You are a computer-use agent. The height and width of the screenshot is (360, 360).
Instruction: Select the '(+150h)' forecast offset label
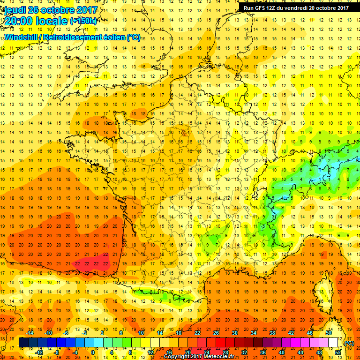coord(83,21)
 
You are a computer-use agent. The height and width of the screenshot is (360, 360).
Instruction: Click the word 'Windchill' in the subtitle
coord(22,37)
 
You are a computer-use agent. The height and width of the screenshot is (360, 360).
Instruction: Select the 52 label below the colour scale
coord(337,352)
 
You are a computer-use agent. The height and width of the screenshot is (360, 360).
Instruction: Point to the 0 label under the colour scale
coord(92,352)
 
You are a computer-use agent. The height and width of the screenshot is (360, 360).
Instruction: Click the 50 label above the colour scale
coord(328,332)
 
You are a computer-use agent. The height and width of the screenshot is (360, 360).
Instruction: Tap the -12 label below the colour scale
coord(39,352)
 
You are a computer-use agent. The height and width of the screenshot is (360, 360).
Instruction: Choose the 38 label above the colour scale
coord(272,332)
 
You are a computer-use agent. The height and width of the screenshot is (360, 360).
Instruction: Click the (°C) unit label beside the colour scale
coord(349,343)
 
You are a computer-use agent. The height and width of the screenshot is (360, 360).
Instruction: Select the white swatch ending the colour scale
coord(333,343)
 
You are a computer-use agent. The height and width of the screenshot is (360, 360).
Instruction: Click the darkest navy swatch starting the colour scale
coord(23,343)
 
